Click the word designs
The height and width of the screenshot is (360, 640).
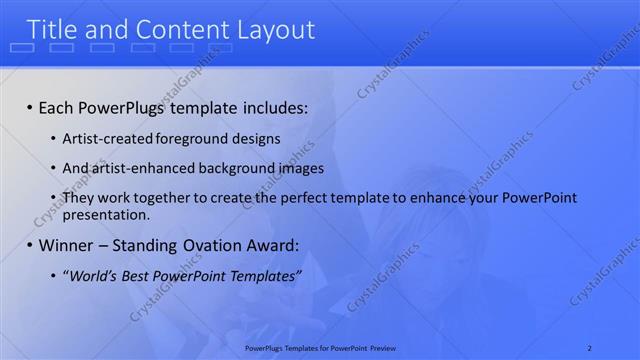tap(255, 139)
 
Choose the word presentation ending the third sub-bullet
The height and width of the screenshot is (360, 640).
tap(106, 214)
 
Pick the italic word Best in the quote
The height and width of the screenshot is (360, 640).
tap(141, 275)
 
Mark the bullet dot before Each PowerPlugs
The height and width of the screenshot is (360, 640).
tap(29, 107)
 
